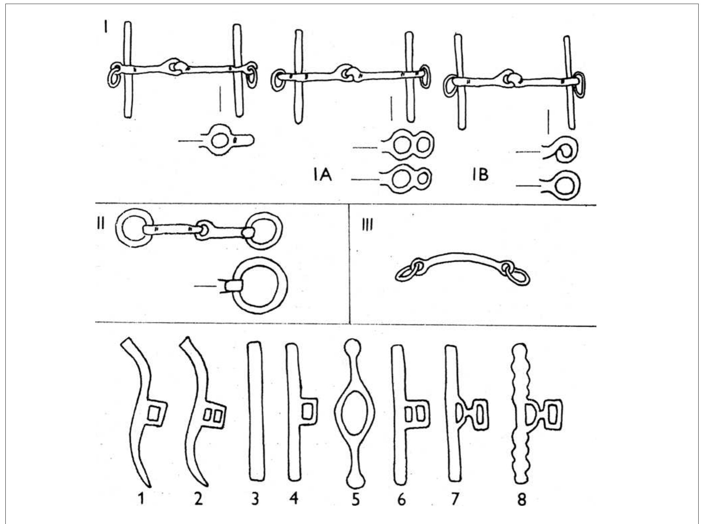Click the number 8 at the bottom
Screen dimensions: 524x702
click(x=521, y=500)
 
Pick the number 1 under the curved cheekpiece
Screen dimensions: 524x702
click(x=141, y=499)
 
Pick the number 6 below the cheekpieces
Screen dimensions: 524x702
click(x=401, y=500)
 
